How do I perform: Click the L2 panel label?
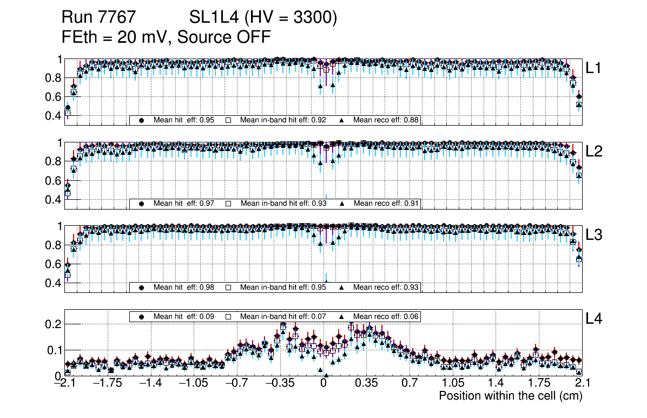(x=594, y=152)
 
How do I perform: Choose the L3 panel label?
(x=594, y=235)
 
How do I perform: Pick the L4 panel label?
(x=594, y=319)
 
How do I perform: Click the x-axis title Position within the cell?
(x=510, y=396)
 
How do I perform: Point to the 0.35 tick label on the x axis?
(x=366, y=384)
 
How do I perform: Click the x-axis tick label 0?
(x=323, y=384)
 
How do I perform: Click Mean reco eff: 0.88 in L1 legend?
(x=386, y=120)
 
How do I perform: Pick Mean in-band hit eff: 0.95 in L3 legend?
(x=283, y=287)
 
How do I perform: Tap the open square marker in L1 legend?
(x=228, y=120)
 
